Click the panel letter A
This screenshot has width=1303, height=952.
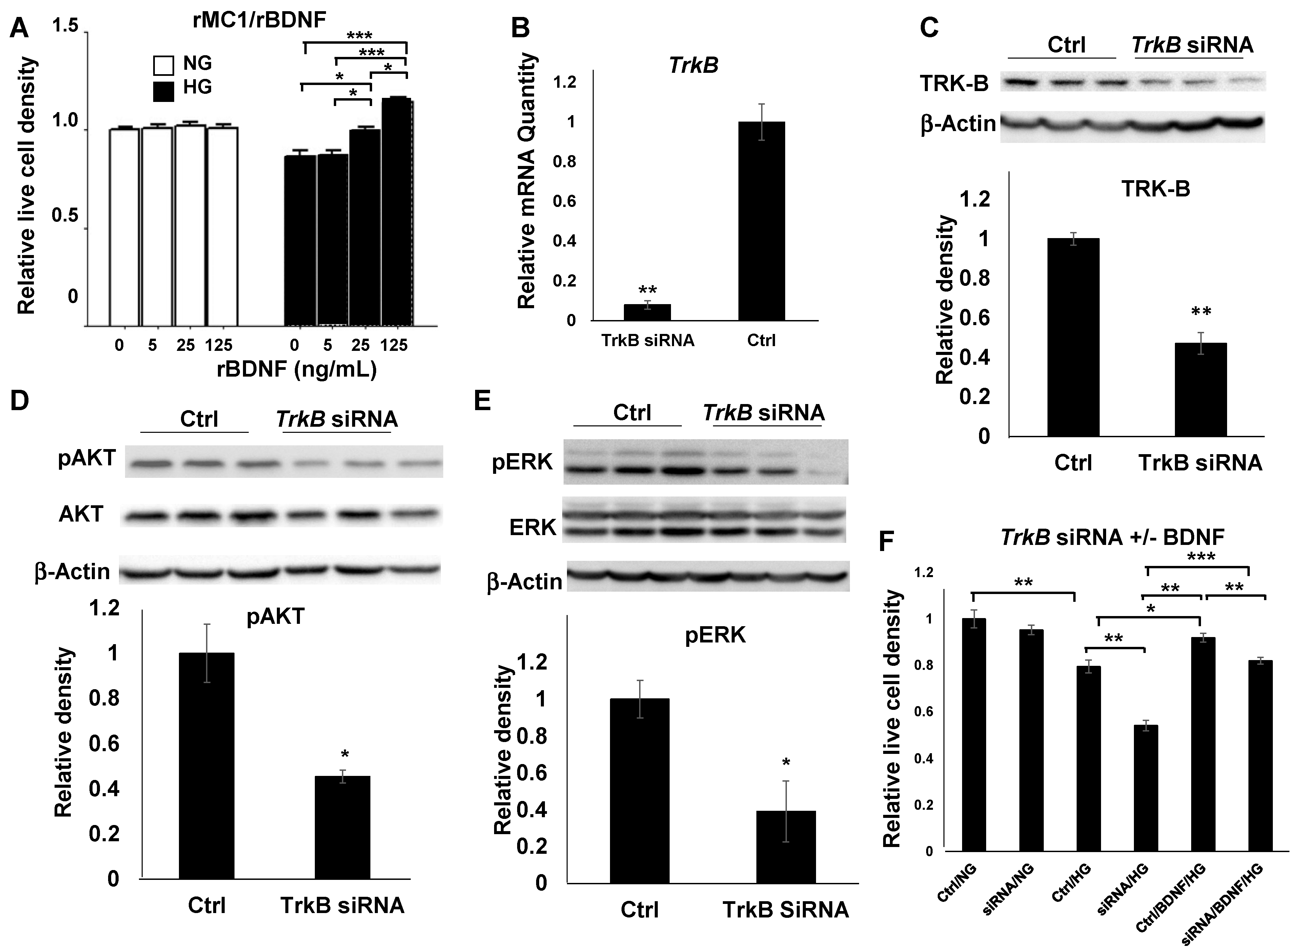[19, 28]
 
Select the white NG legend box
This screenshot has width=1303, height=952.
[164, 65]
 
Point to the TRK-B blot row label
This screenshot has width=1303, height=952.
[954, 84]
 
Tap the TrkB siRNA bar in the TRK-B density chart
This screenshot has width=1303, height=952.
[1201, 389]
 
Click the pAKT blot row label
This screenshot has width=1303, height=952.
[87, 459]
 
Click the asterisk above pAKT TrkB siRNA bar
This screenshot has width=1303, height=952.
[345, 755]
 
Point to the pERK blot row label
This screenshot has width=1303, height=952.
[522, 463]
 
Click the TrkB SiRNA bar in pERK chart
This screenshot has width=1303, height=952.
[786, 847]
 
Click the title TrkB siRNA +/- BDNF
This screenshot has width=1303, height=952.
[1113, 538]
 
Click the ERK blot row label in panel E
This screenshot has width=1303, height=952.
[533, 527]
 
